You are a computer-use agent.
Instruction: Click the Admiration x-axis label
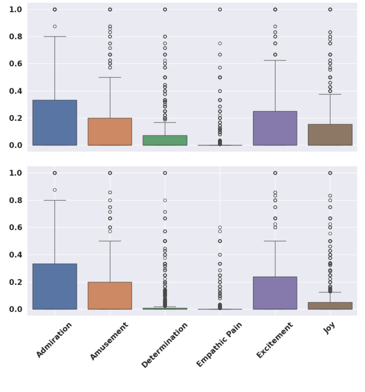53,341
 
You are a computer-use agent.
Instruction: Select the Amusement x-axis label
108,341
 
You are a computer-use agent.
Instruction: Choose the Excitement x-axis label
274,340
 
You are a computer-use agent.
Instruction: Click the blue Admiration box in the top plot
55,122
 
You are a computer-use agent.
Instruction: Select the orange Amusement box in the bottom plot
110,296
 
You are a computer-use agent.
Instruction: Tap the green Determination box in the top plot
165,140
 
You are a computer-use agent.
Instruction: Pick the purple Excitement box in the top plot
275,128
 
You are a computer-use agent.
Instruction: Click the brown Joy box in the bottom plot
330,306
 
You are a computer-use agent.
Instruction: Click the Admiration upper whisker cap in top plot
55,37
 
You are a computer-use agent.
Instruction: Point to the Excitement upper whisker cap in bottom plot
275,241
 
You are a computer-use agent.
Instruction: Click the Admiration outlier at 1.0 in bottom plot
55,173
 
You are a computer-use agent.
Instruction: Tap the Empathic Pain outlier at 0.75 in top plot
220,44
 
